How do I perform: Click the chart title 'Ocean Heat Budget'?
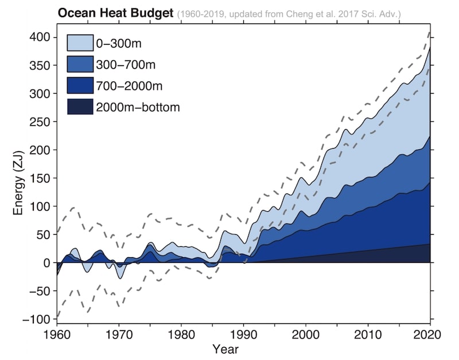[115, 13]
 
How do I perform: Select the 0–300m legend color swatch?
[80, 42]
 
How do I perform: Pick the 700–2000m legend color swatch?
[80, 86]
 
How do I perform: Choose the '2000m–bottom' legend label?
[138, 107]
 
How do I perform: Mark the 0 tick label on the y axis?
[48, 262]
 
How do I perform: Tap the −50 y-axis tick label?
[41, 291]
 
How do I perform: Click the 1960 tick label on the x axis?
[57, 334]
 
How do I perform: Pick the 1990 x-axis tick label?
[244, 334]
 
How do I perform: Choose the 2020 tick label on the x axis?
[430, 334]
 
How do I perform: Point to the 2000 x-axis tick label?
[306, 334]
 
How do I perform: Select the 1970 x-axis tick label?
[119, 334]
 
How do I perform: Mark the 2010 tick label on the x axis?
[368, 334]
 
